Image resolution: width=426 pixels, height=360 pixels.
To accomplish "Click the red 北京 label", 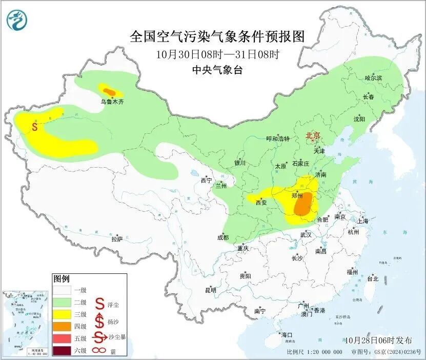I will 312,135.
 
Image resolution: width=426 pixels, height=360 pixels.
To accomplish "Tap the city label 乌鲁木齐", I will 112,102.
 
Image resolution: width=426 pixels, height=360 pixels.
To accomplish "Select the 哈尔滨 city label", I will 374,77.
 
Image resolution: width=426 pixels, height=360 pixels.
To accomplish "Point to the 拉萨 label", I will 117,239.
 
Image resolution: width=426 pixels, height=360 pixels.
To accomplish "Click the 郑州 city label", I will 297,195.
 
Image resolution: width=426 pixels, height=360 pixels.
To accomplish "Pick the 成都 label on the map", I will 222,237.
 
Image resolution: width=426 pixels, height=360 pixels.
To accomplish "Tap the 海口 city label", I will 286,335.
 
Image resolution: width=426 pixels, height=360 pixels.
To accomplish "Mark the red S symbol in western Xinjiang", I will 34,126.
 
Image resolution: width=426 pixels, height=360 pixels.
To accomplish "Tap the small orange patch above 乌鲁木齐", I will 108,91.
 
